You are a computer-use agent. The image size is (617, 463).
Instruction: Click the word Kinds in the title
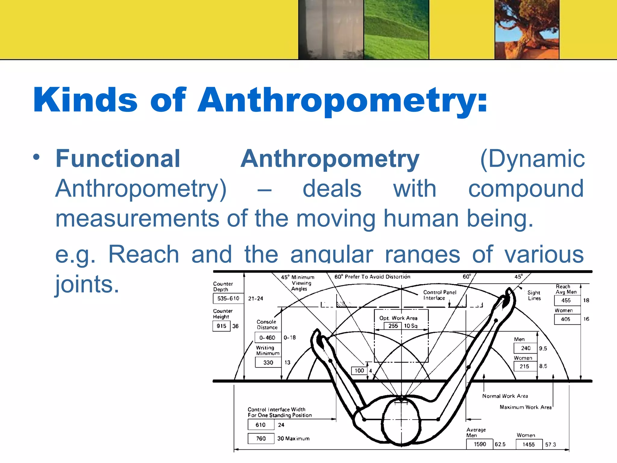tap(85, 100)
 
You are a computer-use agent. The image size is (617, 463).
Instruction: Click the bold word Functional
tap(118, 159)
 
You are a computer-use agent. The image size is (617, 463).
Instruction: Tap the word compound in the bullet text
tap(526, 189)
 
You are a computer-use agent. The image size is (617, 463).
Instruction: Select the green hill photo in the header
tap(396, 30)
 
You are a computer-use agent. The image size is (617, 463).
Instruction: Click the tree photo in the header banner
tap(527, 30)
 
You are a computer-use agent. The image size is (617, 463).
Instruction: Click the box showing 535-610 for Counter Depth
tap(228, 298)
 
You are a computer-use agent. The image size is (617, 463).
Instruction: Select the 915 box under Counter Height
tap(221, 326)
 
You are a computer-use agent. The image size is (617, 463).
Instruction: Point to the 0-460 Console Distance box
tap(268, 338)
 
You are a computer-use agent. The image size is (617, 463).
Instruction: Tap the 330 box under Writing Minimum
tap(268, 363)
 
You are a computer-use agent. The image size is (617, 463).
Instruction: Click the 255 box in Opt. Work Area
tap(393, 326)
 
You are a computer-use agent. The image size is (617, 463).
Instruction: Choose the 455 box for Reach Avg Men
tap(566, 300)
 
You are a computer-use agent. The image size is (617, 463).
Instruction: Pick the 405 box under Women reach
tap(565, 319)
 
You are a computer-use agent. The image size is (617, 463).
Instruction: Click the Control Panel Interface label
tap(440, 295)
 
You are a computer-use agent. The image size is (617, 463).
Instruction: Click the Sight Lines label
tap(534, 295)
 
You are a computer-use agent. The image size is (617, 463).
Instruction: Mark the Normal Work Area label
tap(505, 396)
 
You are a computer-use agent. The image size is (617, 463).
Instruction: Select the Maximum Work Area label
tap(525, 407)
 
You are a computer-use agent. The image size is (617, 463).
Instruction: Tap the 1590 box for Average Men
tap(480, 444)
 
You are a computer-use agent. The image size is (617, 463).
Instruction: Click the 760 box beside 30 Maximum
tap(261, 438)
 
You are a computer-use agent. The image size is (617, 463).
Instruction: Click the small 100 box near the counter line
tap(359, 370)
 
